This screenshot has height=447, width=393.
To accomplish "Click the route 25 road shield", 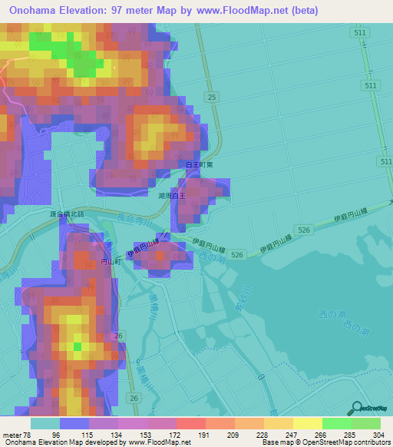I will (x=211, y=96).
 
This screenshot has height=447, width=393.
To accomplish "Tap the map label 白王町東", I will (x=200, y=164).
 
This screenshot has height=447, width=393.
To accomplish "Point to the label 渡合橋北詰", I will (x=66, y=214).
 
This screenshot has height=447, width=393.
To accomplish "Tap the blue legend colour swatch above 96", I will (x=74, y=423).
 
